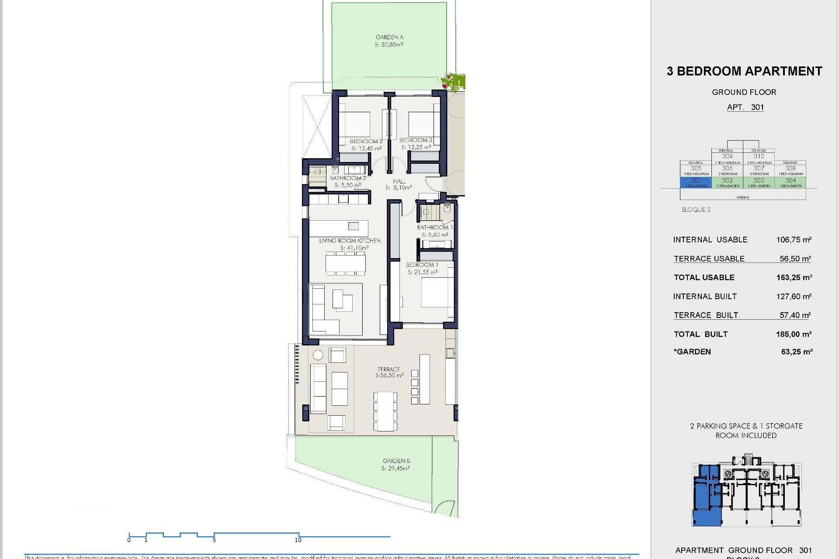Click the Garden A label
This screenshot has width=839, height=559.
389,38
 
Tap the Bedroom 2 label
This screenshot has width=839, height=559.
366,141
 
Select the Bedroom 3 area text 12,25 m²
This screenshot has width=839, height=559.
416,148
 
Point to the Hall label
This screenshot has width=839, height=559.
399,182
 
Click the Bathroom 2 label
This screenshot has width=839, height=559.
348,178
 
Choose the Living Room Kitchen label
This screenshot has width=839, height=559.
350,241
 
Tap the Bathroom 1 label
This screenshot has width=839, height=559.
434,228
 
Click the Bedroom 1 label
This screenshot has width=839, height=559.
422,265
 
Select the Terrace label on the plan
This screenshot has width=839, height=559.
388,369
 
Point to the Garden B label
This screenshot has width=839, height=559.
396,461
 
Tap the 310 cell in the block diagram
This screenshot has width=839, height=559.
759,156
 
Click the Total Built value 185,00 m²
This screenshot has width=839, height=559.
794,335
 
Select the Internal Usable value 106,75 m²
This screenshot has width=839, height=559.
794,240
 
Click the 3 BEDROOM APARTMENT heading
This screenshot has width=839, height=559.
744,71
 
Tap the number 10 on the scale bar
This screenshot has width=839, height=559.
298,540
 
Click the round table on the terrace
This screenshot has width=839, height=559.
318,355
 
